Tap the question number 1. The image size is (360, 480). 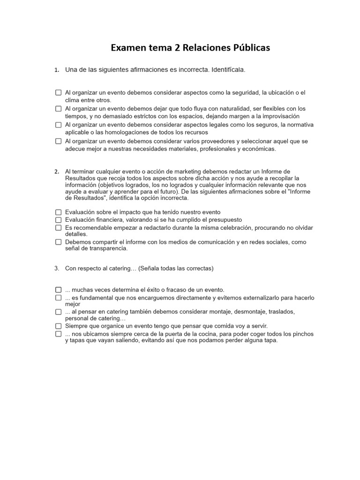(56, 70)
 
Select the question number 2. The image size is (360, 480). (56, 172)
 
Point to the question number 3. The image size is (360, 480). (56, 269)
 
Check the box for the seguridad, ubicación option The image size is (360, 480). (59, 93)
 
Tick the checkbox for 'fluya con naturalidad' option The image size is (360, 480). (59, 109)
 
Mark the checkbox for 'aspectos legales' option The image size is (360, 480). (59, 125)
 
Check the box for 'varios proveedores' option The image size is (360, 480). (59, 141)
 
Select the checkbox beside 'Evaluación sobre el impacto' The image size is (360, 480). (59, 212)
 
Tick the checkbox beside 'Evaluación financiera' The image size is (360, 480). (59, 220)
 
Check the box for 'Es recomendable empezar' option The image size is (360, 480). (59, 228)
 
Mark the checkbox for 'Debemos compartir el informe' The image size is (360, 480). (59, 242)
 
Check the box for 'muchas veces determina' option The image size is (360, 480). (59, 290)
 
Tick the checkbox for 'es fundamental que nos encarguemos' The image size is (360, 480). (59, 298)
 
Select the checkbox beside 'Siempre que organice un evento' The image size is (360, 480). (59, 326)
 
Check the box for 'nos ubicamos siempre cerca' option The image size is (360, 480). (59, 334)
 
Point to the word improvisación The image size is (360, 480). (281, 116)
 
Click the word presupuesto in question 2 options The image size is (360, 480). (225, 220)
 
